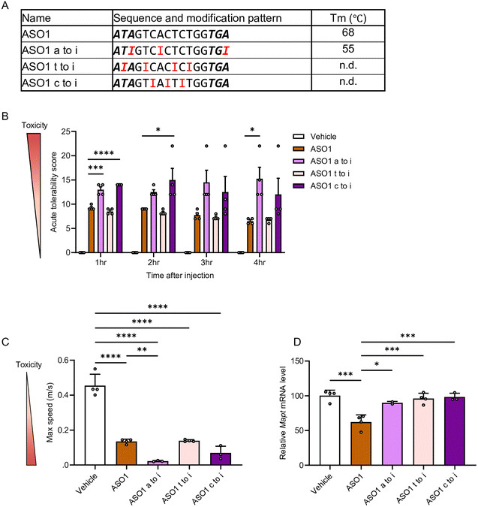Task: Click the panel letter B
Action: coord(5,117)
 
